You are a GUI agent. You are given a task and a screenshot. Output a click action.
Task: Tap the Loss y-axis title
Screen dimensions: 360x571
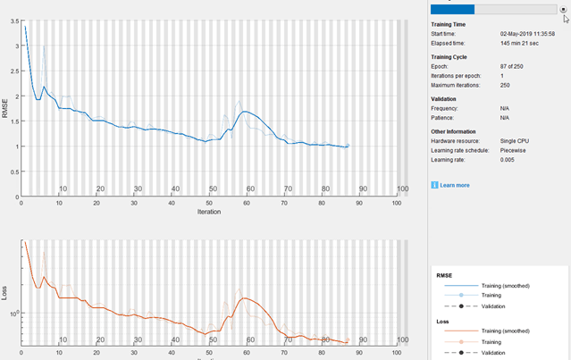pos(6,314)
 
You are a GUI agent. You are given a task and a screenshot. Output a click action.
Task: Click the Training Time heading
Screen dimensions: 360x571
pos(453,25)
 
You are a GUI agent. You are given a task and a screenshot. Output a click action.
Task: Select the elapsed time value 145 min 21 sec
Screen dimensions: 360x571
pos(522,42)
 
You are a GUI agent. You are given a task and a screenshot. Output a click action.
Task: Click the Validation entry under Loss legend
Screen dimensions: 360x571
pos(493,351)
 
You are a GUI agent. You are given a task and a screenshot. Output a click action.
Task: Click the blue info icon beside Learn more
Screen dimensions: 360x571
pos(434,185)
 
